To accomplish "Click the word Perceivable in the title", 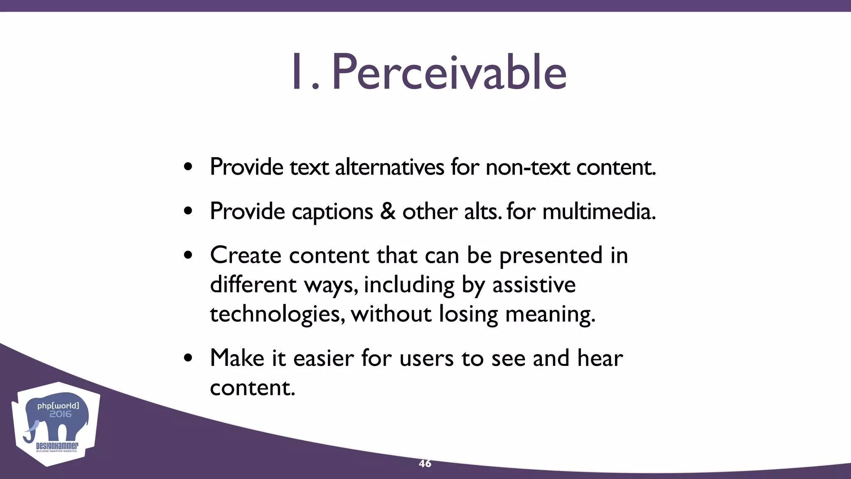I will click(x=449, y=73).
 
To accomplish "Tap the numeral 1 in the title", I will click(x=298, y=73).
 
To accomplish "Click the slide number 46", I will click(x=425, y=464).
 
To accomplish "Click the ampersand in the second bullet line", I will click(x=387, y=211).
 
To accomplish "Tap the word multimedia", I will click(x=598, y=211).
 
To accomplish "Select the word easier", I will click(x=323, y=358).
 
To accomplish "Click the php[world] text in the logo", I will click(x=58, y=405).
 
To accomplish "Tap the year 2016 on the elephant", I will click(x=60, y=414).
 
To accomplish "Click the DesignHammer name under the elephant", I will click(x=57, y=446).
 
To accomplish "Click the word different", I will click(x=253, y=285).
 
